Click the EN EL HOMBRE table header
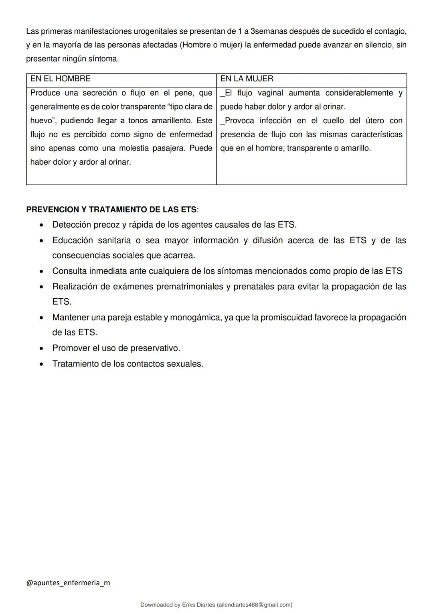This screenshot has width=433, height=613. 61,79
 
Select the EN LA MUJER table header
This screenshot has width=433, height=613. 247,79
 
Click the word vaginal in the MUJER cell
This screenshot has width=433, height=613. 270,93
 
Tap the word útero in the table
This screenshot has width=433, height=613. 374,120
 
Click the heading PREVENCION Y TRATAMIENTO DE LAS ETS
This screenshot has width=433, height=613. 111,210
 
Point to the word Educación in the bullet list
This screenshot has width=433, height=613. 72,240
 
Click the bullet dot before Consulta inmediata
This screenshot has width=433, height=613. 41,271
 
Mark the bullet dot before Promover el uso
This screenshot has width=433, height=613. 41,348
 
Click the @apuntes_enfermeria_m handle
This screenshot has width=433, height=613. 68,582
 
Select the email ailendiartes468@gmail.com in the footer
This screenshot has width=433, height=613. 254,605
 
